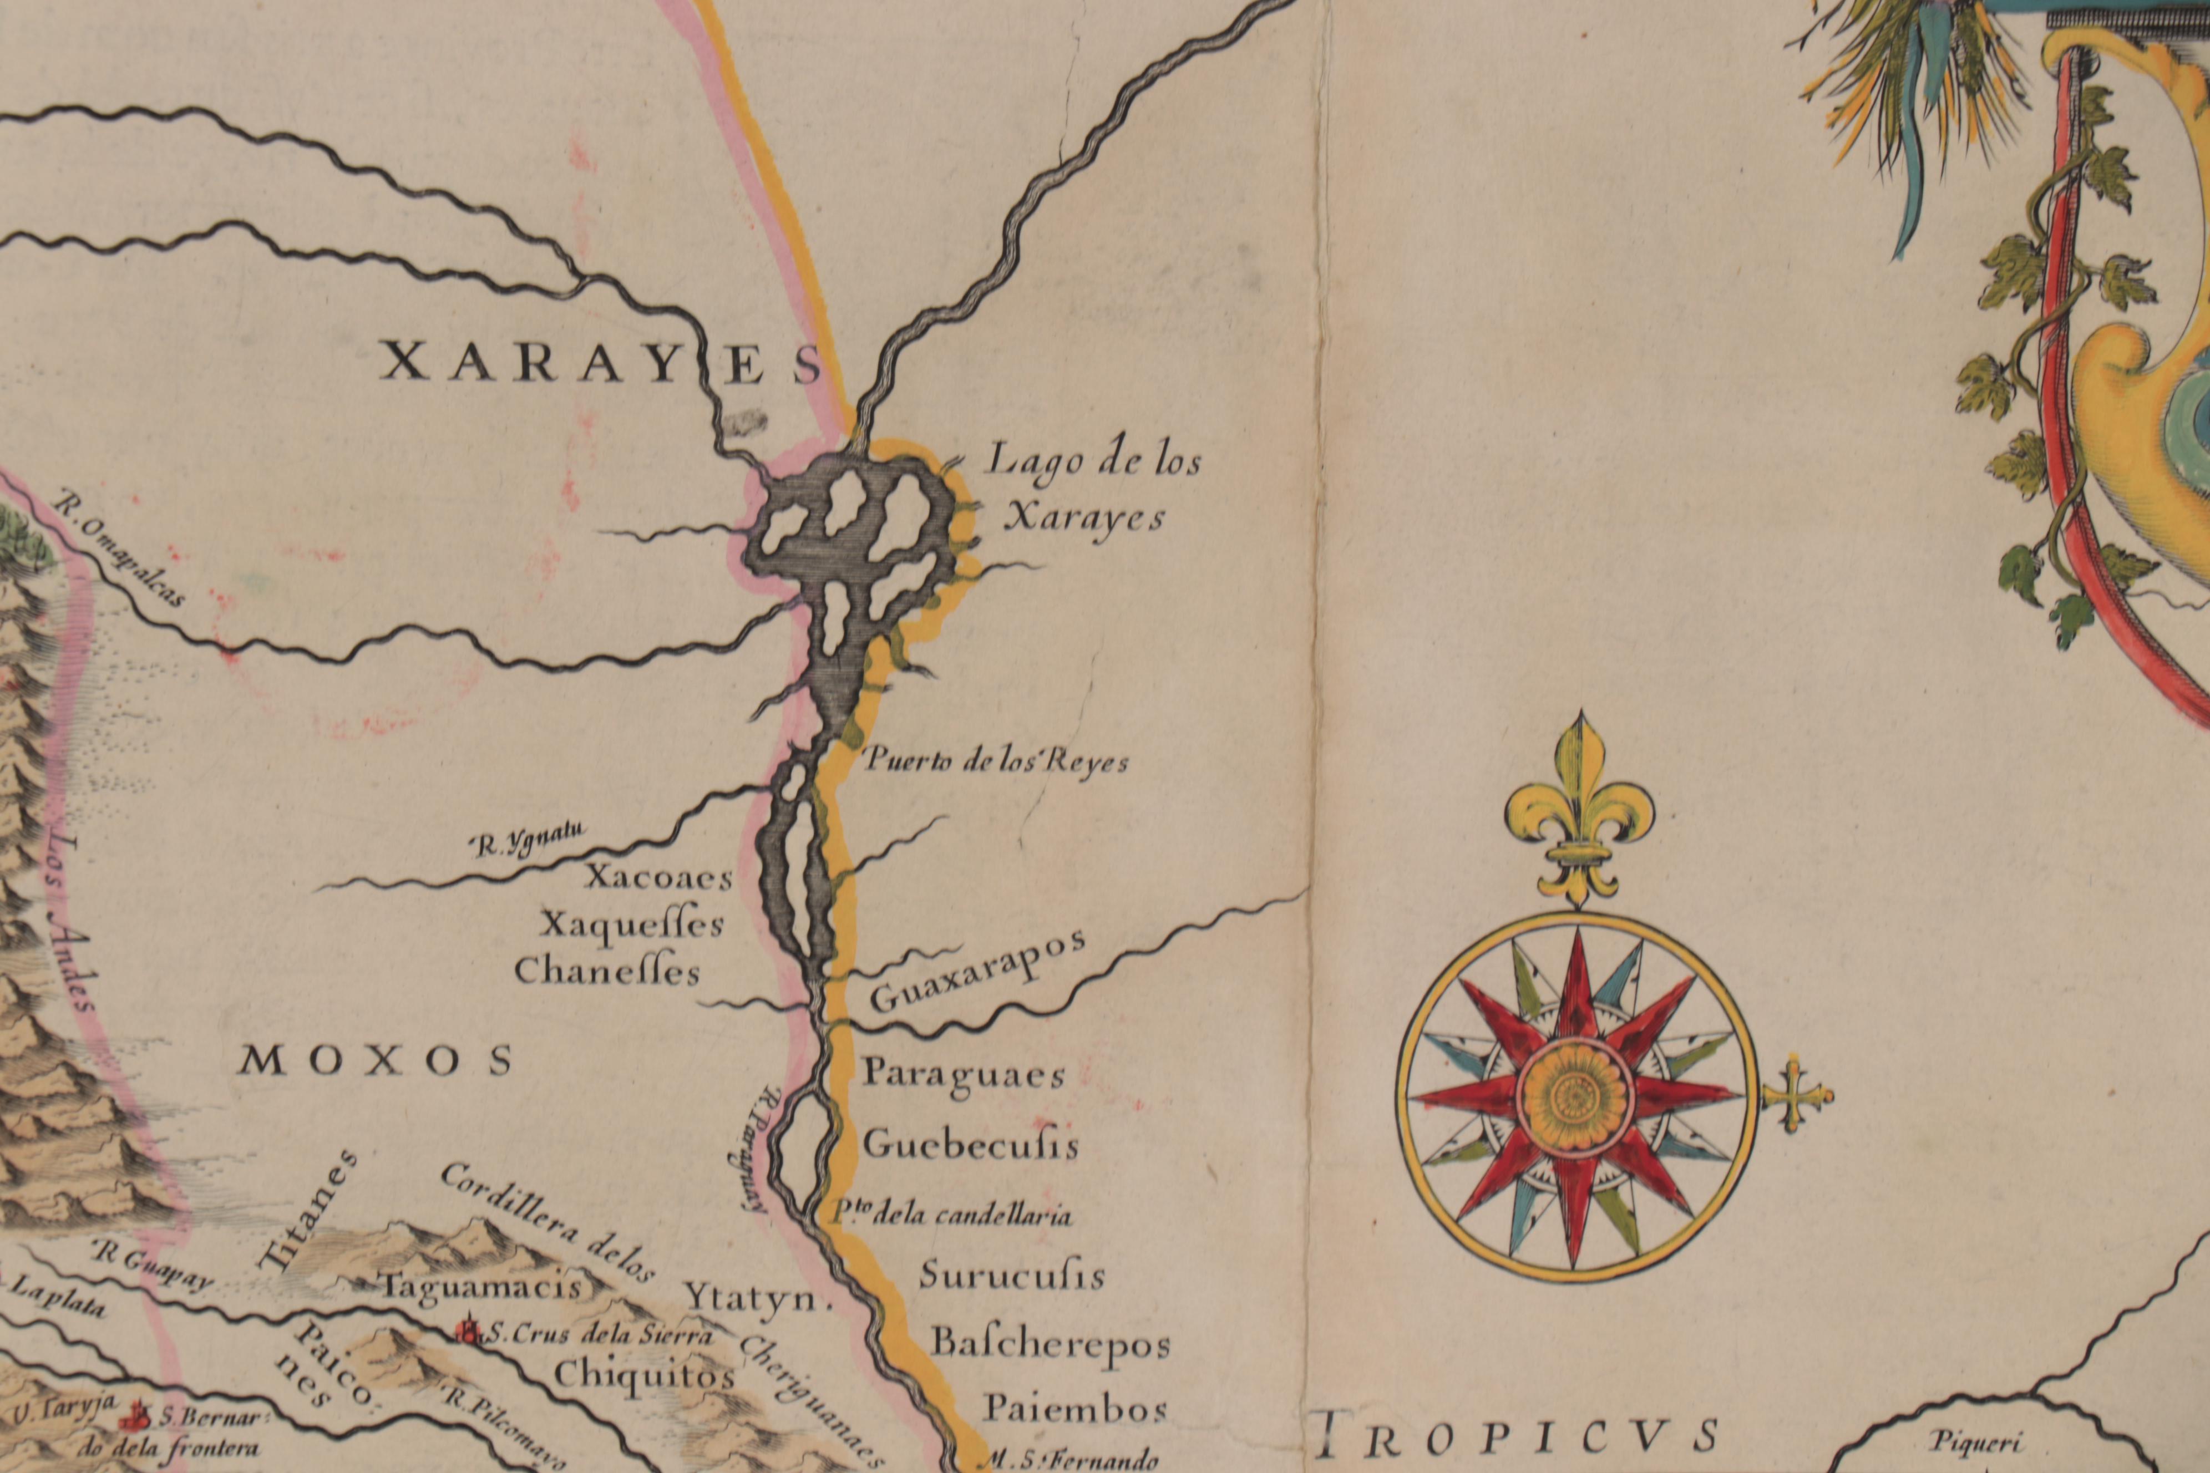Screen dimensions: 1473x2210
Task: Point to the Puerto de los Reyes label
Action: pos(994,761)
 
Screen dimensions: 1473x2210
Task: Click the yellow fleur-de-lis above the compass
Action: pos(1579,808)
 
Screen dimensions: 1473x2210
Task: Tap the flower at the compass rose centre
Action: pos(1577,1094)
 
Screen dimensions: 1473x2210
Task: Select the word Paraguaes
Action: pos(963,1074)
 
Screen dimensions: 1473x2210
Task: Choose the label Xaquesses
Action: pos(631,925)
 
